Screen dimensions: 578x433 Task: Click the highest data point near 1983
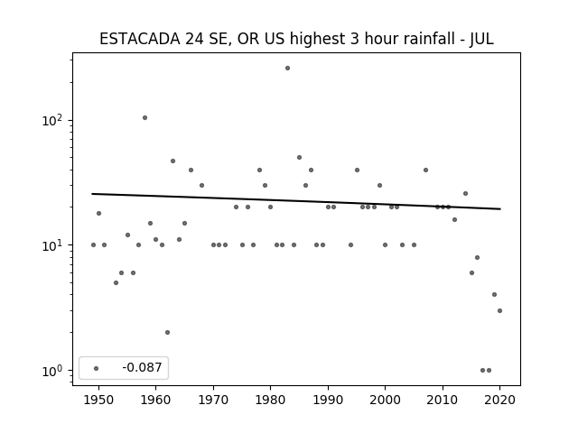(287, 69)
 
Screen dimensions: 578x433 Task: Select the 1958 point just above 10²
(144, 118)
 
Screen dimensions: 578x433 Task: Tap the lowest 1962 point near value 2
(167, 333)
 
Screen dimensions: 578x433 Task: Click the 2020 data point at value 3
(499, 310)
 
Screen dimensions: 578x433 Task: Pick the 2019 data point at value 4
(494, 295)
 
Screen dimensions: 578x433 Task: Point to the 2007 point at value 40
(425, 170)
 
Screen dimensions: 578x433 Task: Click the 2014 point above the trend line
(466, 193)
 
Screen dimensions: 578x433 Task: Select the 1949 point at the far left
(93, 244)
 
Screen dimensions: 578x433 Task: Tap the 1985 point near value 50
(299, 158)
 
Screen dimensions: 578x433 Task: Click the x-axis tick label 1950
(98, 400)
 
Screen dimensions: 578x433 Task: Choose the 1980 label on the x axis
(270, 400)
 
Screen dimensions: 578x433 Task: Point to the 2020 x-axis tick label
(499, 400)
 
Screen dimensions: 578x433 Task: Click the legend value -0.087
(142, 367)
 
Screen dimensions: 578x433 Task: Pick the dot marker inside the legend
(97, 368)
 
